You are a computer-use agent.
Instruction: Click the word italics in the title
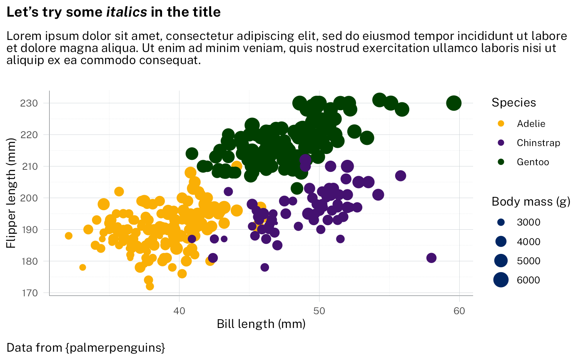[127, 12]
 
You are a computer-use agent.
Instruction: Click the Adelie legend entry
[531, 124]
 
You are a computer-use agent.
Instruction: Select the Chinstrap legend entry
[538, 143]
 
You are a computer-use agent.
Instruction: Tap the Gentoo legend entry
[533, 162]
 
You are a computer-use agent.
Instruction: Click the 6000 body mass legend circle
[501, 280]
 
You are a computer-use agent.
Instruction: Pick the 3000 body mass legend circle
[501, 223]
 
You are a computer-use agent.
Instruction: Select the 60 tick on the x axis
[459, 310]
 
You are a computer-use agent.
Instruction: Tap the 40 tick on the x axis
[179, 310]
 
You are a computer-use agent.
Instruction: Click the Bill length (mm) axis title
[261, 324]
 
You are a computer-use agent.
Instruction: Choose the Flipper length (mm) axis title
[11, 194]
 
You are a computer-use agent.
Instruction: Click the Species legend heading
[513, 102]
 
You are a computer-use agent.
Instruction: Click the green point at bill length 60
[454, 103]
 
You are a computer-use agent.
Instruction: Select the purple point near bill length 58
[431, 258]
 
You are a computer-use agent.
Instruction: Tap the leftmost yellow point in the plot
[69, 236]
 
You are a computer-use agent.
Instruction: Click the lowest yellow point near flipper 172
[150, 286]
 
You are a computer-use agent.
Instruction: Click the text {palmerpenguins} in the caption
[115, 347]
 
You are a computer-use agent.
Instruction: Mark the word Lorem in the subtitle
[20, 36]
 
